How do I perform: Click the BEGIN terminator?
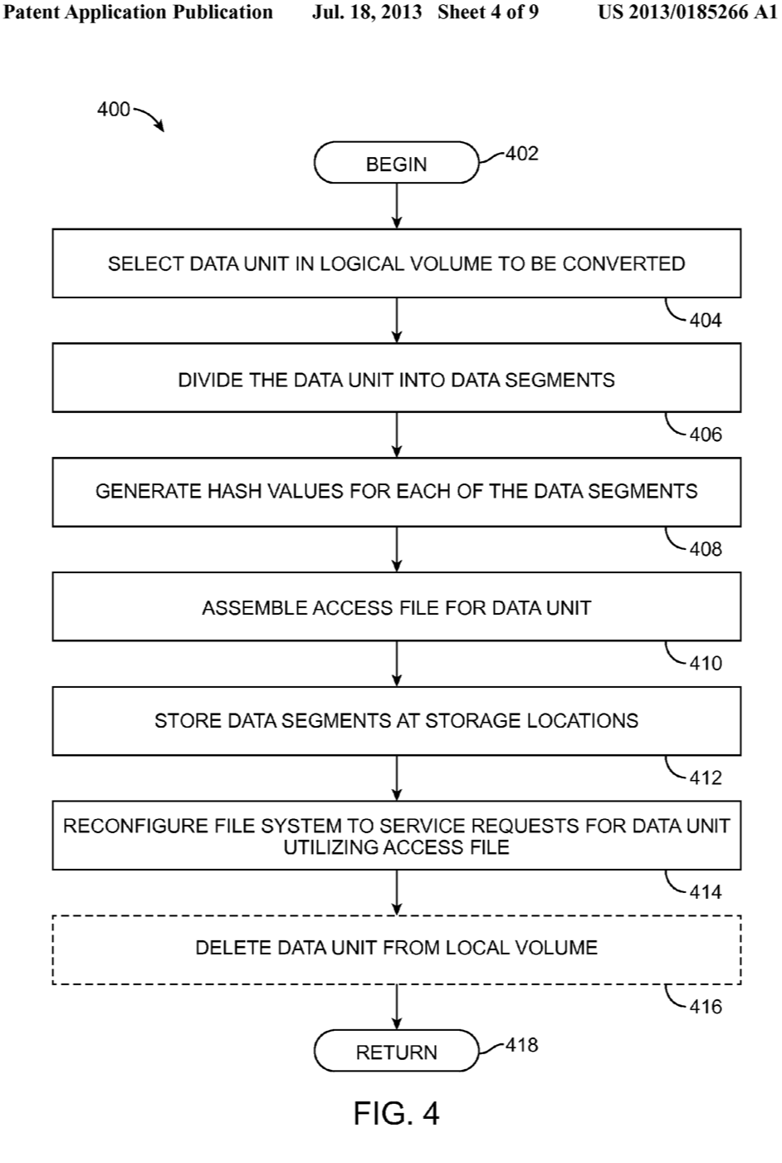point(396,164)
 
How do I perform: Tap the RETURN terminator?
point(396,1052)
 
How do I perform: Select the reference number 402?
point(521,154)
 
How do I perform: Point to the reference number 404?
point(706,321)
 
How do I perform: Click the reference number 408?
point(706,549)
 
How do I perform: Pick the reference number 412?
point(706,778)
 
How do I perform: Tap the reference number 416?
point(706,1007)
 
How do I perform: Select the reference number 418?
point(521,1045)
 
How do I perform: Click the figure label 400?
point(114,110)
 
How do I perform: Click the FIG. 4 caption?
point(396,1113)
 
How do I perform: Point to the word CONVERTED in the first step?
point(623,264)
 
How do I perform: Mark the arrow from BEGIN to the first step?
point(397,205)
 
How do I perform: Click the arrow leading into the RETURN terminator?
point(397,1007)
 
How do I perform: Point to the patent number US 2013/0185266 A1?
point(687,12)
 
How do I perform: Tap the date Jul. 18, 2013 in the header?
point(367,12)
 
